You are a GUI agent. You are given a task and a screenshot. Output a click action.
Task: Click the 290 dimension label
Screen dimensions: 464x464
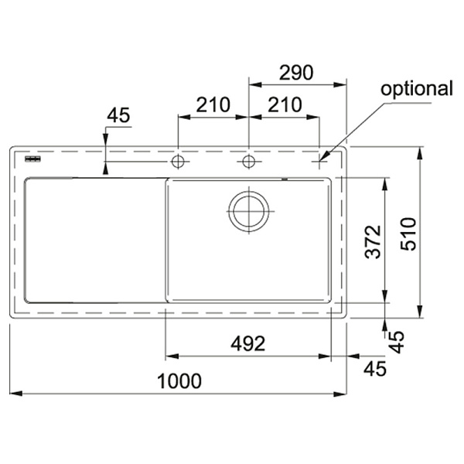click(296, 73)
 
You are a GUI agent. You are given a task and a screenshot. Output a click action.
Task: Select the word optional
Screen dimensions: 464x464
click(417, 89)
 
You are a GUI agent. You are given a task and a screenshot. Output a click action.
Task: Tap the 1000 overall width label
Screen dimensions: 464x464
click(179, 381)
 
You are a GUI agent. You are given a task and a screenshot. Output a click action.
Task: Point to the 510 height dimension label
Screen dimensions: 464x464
click(408, 234)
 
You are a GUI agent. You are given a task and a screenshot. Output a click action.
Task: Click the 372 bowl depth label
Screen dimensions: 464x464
click(373, 242)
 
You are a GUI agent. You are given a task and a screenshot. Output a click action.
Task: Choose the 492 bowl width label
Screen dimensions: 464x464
click(248, 343)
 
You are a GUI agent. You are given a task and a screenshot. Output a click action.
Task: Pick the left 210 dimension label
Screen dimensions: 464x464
click(213, 104)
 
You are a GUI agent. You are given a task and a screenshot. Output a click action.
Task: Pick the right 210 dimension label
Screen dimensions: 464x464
click(285, 104)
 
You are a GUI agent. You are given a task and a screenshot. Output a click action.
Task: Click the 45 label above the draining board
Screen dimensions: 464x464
click(118, 115)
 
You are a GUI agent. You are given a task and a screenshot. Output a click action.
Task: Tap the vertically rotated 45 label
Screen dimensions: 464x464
click(396, 342)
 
